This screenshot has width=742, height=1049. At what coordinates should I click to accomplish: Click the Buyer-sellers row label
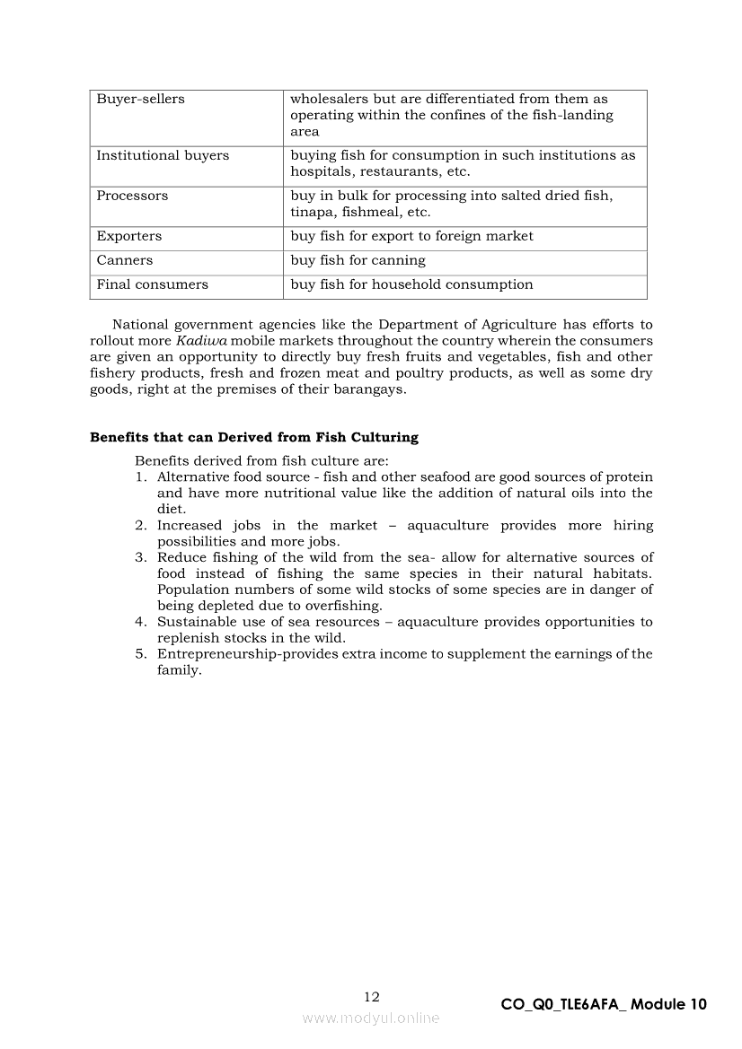pos(140,100)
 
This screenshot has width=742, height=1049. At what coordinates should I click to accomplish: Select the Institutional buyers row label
pos(163,156)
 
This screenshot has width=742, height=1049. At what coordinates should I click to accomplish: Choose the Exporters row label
pos(129,237)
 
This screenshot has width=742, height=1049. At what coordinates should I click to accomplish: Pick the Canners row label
pos(125,261)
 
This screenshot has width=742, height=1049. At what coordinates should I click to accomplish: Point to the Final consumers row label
pos(152,285)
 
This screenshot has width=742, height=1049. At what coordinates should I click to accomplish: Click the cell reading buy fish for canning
pos(358,261)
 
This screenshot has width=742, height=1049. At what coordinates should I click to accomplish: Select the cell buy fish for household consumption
pos(411,285)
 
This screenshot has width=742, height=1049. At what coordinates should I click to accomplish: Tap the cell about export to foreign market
pos(411,237)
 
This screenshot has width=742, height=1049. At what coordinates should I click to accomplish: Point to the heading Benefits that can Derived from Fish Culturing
pos(254,438)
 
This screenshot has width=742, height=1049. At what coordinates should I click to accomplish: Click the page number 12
pos(372,997)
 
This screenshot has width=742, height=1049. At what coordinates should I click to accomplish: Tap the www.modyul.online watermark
pos(371,1018)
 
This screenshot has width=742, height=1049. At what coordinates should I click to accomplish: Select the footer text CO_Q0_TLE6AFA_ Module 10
pos(604,1005)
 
